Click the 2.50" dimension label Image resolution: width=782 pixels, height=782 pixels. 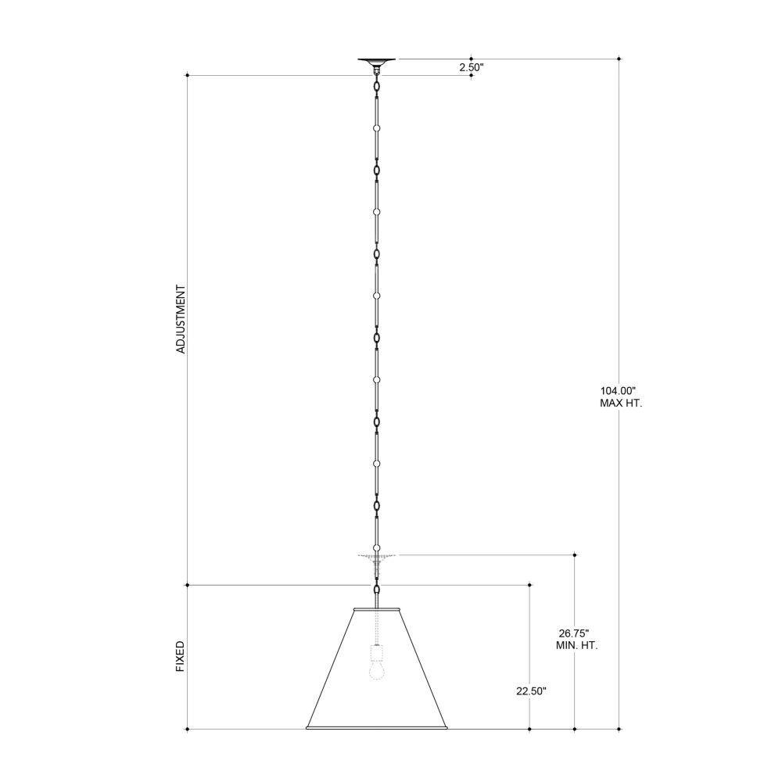coord(472,67)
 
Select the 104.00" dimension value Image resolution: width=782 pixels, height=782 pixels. coord(619,391)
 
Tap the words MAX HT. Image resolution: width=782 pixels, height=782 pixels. coord(621,404)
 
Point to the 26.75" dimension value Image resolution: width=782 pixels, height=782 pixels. coord(573,633)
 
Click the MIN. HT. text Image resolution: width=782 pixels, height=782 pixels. coord(576,645)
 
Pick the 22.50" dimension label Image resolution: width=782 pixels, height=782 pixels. coord(531,691)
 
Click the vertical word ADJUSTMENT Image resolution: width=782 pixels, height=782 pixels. coord(181,319)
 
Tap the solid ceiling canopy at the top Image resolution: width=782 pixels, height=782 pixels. coord(377,62)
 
